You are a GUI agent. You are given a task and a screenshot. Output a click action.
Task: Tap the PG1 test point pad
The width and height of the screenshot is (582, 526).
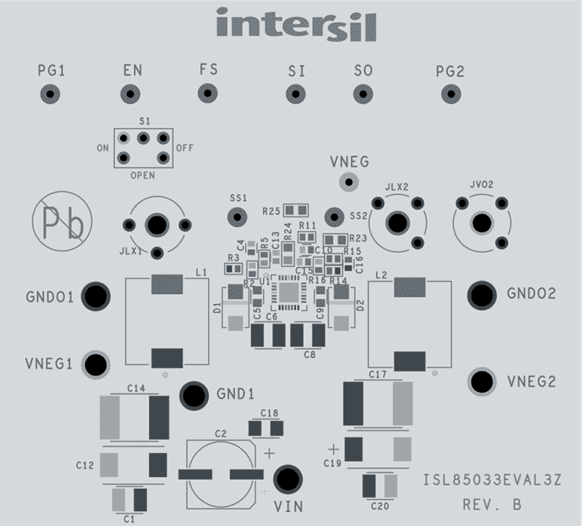(x=51, y=95)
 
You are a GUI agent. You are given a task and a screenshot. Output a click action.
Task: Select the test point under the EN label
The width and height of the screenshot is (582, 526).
(x=130, y=94)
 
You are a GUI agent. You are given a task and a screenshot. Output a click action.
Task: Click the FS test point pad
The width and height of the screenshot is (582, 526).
(x=208, y=93)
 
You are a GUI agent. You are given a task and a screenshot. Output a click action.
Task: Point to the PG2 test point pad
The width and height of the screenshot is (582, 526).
(x=450, y=95)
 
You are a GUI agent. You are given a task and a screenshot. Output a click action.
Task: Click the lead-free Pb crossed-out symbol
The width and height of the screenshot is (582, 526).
(x=62, y=221)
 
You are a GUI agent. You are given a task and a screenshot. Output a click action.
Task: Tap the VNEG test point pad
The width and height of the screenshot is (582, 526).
(x=349, y=181)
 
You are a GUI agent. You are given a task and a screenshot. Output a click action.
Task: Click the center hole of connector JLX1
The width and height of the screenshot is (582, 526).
(x=157, y=225)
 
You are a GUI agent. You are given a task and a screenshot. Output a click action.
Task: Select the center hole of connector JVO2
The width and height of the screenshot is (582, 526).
(x=482, y=224)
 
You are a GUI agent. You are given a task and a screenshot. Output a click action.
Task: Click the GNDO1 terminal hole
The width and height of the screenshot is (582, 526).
(x=96, y=296)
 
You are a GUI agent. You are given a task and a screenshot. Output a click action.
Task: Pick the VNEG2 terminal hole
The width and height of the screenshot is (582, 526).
(x=482, y=382)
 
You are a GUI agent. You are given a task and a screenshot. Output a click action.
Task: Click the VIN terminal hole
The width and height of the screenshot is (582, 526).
(x=288, y=480)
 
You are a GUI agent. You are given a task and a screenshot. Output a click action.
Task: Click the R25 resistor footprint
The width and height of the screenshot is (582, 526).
(x=296, y=211)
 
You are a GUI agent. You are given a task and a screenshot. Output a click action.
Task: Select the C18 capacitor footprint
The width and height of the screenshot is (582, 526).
(x=266, y=428)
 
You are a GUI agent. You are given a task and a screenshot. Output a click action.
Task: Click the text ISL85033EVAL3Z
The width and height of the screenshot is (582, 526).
(x=492, y=480)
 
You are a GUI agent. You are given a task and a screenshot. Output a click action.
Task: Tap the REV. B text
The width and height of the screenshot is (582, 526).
(x=492, y=505)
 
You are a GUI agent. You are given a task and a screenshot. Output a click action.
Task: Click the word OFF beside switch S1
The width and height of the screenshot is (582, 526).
(x=184, y=148)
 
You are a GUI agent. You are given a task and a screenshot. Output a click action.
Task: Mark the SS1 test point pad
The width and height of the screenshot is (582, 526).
(x=237, y=216)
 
